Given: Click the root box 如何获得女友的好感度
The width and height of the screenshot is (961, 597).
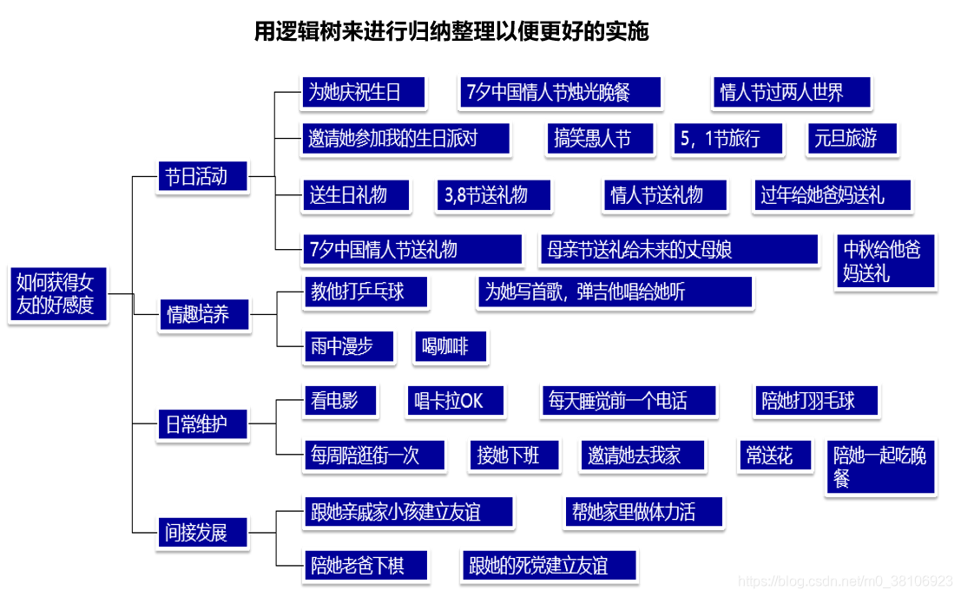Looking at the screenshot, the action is (x=58, y=293).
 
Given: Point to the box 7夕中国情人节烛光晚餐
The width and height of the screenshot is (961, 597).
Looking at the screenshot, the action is (x=559, y=92).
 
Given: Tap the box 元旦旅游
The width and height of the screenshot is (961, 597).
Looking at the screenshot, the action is (x=851, y=139).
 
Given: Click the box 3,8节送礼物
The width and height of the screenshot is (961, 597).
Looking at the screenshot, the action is (x=492, y=195).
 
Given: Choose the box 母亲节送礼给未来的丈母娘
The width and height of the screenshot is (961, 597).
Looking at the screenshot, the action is (x=678, y=250).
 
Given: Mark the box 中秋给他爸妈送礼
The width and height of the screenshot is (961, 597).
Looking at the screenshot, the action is (x=885, y=261).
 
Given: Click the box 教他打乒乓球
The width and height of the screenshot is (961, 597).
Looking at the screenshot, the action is (x=365, y=292).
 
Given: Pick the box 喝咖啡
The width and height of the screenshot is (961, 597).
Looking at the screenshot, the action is (x=450, y=347).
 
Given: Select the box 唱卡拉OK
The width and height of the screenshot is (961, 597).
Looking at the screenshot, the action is (x=455, y=400).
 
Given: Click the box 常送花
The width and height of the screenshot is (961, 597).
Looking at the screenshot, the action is (x=774, y=456).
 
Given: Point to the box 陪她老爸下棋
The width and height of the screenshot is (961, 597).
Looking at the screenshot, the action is (x=365, y=566).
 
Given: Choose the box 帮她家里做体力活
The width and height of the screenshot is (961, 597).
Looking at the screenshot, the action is (x=643, y=512).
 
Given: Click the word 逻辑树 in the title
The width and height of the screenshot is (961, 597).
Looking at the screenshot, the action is (x=320, y=32).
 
